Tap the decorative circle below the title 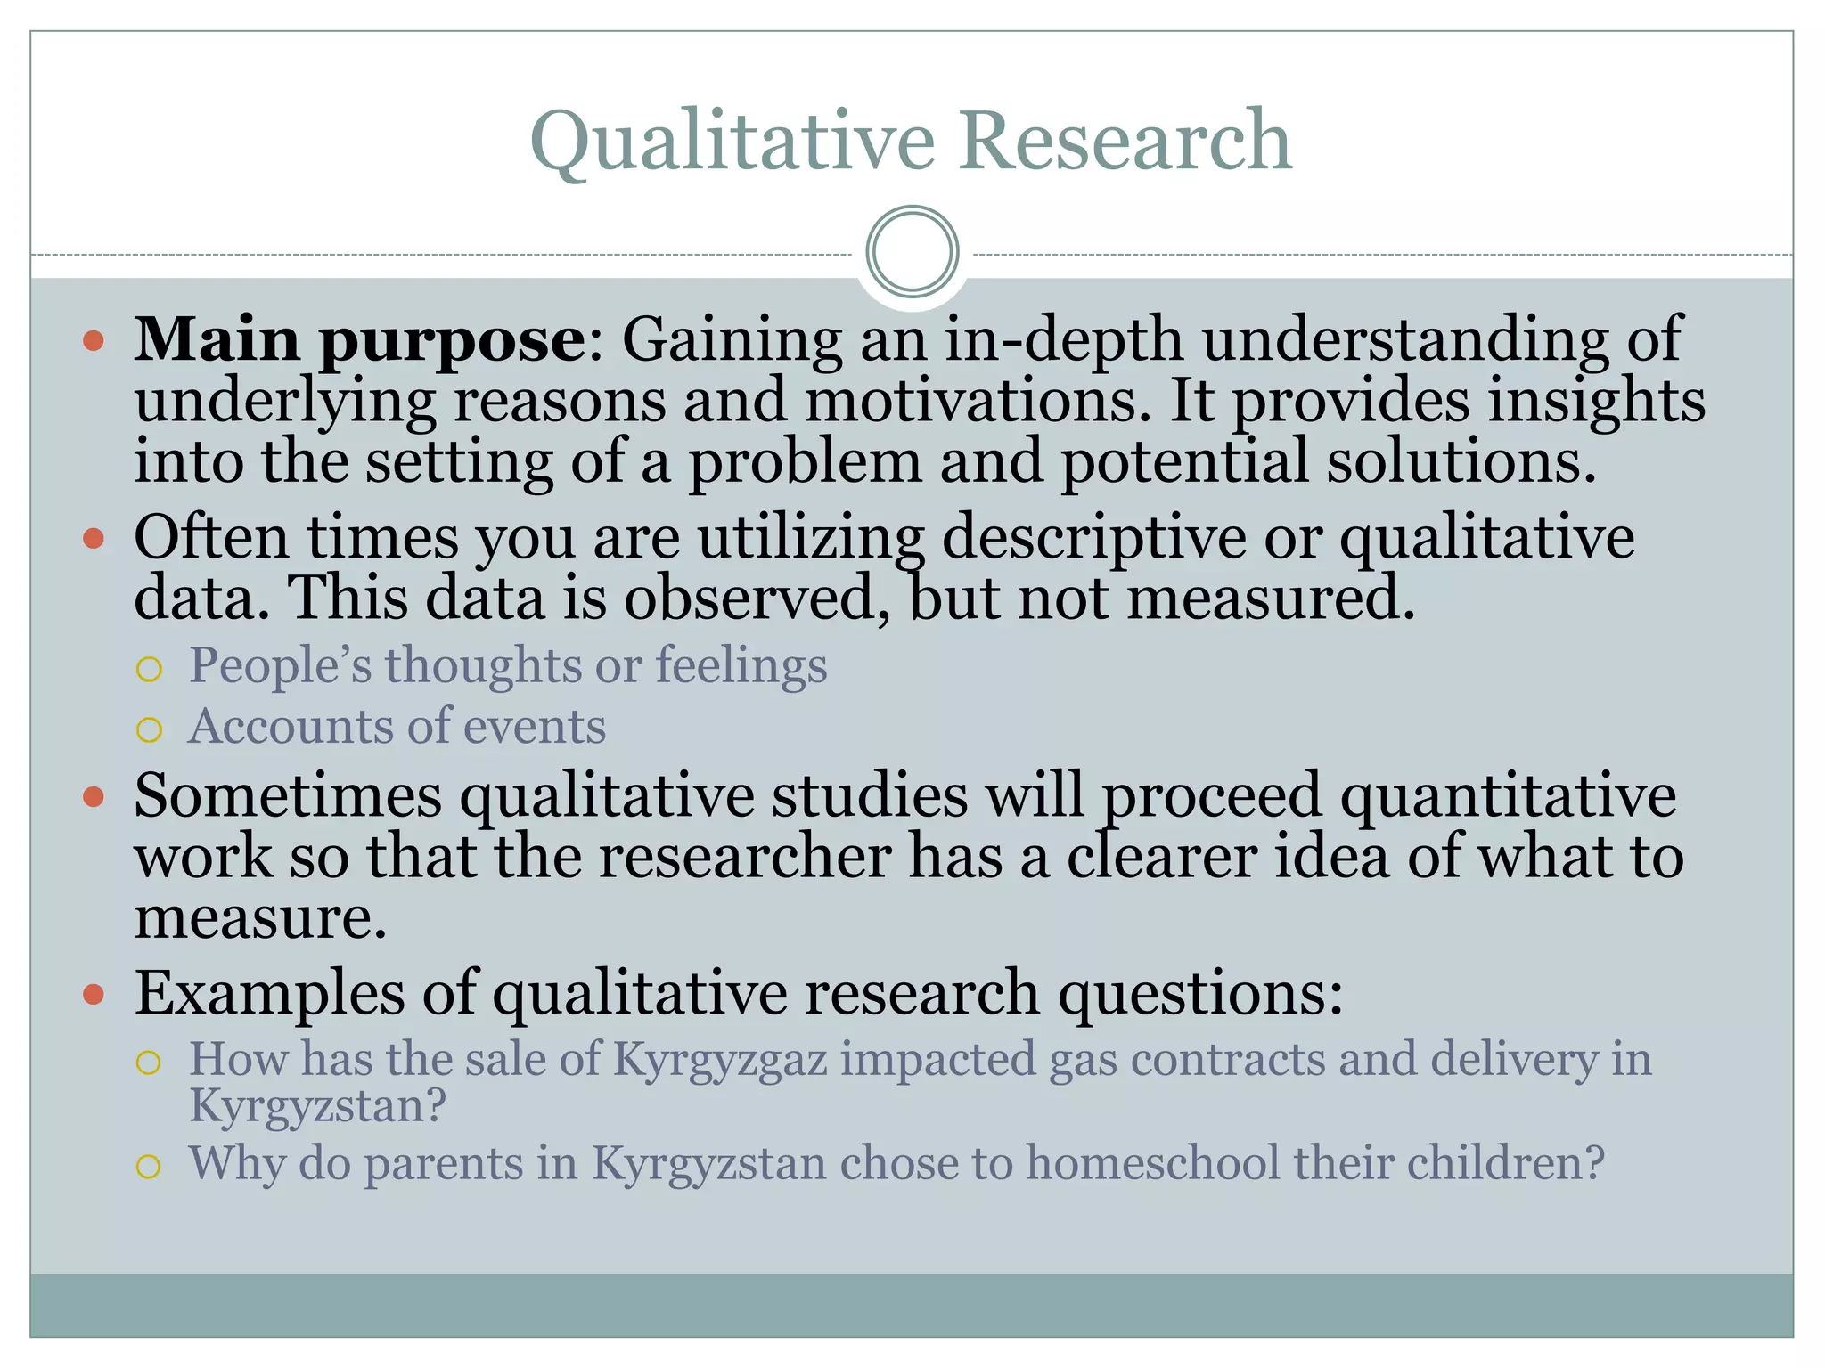point(912,252)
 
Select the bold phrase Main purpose point(360,341)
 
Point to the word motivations point(972,401)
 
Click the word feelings point(741,665)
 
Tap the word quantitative point(1508,795)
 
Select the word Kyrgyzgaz point(721,1060)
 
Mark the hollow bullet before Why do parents point(149,1167)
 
